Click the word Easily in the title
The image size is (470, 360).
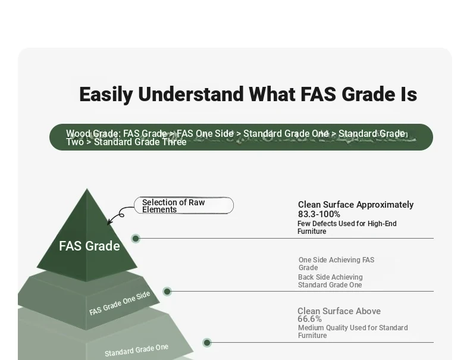(106, 95)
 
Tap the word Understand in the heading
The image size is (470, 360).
(190, 94)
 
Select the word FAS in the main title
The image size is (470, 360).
(318, 94)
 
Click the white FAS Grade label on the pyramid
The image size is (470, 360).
(89, 246)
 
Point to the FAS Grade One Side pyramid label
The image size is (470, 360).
(120, 303)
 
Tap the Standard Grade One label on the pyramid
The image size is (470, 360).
(136, 350)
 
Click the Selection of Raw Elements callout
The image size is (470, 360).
(184, 206)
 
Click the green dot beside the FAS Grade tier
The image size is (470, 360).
(136, 239)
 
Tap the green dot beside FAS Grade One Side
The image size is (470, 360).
(167, 292)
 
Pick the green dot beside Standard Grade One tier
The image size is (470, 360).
(207, 343)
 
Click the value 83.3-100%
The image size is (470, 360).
(319, 214)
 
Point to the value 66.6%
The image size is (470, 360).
(309, 319)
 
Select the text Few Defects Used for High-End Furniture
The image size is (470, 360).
(347, 227)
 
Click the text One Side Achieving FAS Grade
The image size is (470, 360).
(336, 264)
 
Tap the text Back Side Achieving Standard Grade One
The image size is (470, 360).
(330, 281)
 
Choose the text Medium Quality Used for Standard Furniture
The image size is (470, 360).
(353, 331)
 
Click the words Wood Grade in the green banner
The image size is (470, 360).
(93, 133)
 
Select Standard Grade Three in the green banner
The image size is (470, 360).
(140, 142)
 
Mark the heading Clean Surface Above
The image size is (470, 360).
(339, 311)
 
